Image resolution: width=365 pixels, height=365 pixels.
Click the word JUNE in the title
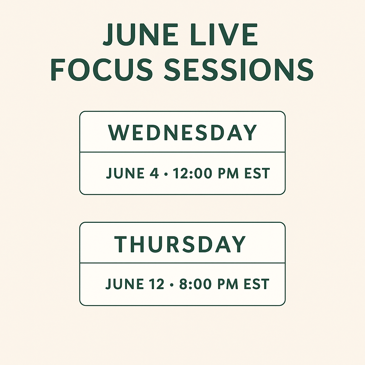pyautogui.click(x=140, y=35)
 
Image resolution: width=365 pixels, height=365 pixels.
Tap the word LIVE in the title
pyautogui.click(x=224, y=35)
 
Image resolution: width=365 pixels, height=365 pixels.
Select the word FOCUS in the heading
pyautogui.click(x=102, y=70)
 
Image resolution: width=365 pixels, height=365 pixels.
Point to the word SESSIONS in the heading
pyautogui.click(x=239, y=70)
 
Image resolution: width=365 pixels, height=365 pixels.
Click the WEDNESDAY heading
pyautogui.click(x=182, y=133)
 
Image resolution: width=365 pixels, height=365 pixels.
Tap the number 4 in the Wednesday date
pyautogui.click(x=154, y=173)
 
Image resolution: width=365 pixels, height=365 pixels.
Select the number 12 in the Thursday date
pyautogui.click(x=156, y=284)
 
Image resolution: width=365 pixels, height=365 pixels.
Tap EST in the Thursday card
pyautogui.click(x=257, y=284)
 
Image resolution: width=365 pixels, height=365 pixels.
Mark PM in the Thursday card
pyautogui.click(x=228, y=284)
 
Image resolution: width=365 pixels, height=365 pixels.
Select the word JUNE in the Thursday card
pyautogui.click(x=124, y=284)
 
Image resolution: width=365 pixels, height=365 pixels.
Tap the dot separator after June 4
pyautogui.click(x=166, y=174)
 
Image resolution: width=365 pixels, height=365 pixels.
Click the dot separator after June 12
pyautogui.click(x=172, y=284)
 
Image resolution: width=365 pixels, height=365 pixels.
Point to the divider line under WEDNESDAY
pyautogui.click(x=182, y=152)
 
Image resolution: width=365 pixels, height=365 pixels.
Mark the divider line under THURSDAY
pyautogui.click(x=182, y=263)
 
